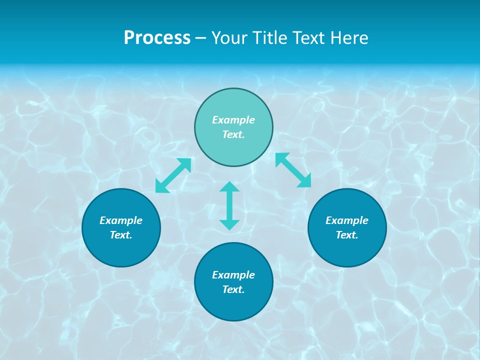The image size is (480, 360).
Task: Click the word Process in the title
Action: [x=157, y=38]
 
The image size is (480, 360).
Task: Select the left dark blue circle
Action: [x=121, y=250]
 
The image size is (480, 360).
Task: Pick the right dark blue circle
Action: [x=347, y=250]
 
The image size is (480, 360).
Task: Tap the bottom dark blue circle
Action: [x=233, y=305]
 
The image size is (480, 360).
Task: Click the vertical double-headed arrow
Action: [x=229, y=205]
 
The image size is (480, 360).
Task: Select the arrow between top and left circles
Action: [x=173, y=175]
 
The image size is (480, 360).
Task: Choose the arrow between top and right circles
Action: [x=293, y=170]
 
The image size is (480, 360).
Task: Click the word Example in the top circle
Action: [x=233, y=120]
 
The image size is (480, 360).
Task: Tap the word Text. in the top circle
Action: [x=233, y=134]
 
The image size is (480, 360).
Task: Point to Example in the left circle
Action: [x=121, y=220]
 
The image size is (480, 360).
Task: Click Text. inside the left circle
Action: [x=121, y=235]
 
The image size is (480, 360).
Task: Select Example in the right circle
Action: [x=347, y=220]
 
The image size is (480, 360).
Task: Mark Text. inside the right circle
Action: [x=347, y=235]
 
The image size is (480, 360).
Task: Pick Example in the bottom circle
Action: [x=233, y=275]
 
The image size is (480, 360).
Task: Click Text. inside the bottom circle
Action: [x=233, y=289]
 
